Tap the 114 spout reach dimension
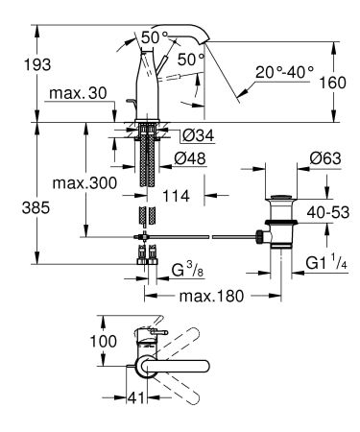tap(176, 196)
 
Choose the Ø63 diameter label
tap(300, 156)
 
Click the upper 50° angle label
tap(153, 36)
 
